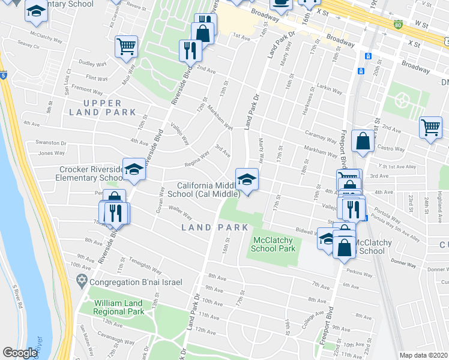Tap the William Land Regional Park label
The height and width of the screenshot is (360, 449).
(x=118, y=307)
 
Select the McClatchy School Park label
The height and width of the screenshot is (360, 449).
(x=273, y=244)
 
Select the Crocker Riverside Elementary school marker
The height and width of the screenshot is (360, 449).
(x=134, y=170)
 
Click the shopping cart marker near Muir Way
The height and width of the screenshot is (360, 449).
(x=126, y=46)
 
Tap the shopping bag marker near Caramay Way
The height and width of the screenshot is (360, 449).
(x=363, y=142)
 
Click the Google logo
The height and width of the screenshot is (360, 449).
(x=20, y=353)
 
